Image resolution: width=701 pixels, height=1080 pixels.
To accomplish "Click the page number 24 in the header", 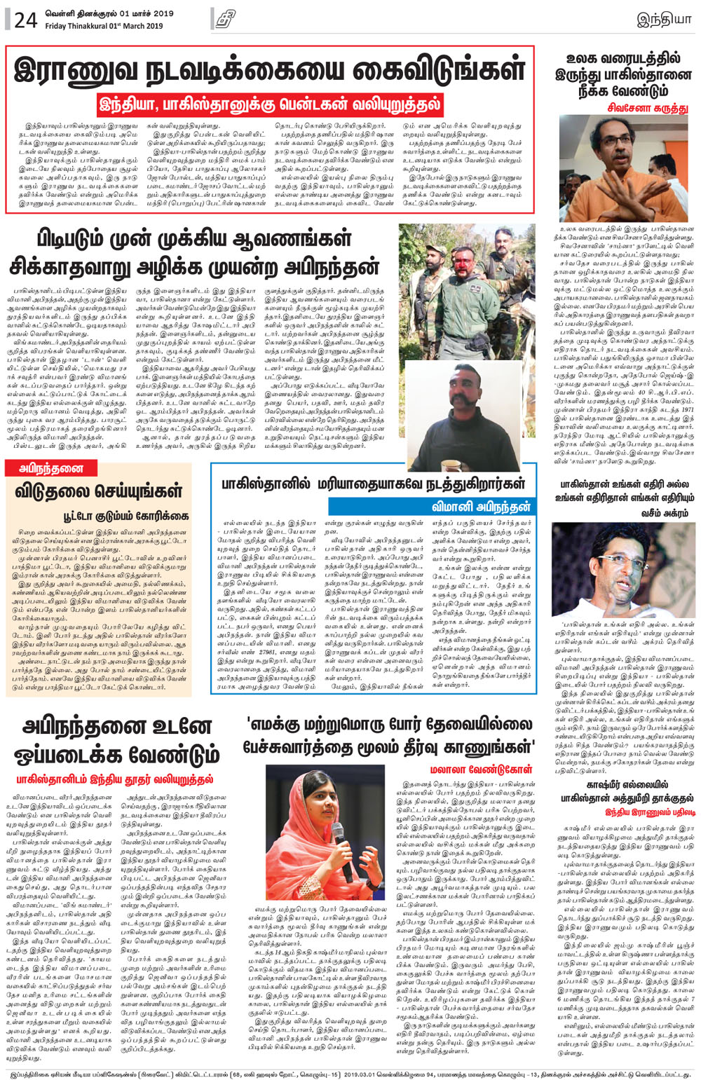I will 25,20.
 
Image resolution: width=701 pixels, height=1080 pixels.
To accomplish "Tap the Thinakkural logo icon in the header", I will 225,19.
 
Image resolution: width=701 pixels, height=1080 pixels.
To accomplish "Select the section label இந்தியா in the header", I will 663,19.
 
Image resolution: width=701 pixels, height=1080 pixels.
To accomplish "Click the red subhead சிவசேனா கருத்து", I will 648,108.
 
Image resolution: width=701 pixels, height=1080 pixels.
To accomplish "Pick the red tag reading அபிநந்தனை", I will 47,468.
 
